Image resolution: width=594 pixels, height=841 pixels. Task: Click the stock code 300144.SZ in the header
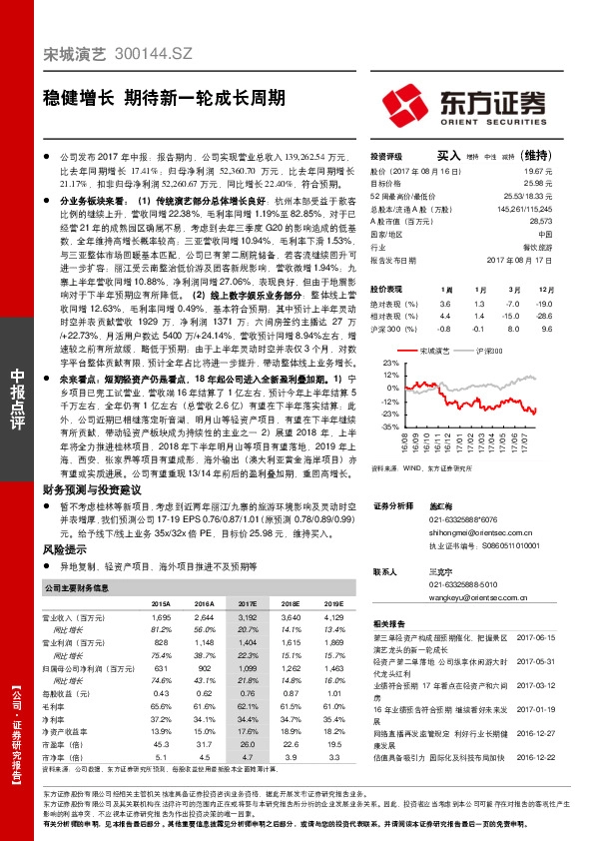[149, 60]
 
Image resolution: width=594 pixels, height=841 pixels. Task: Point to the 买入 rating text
[448, 157]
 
